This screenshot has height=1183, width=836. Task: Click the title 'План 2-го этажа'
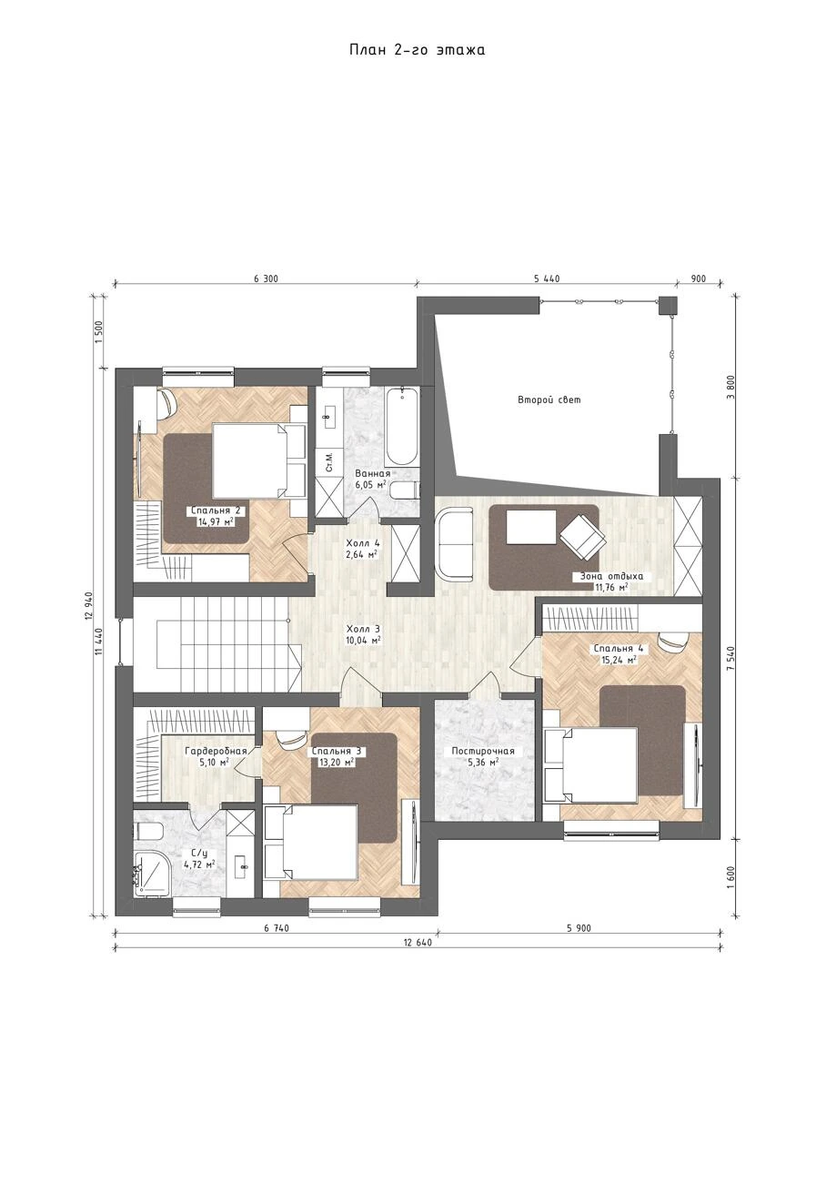[x=417, y=50]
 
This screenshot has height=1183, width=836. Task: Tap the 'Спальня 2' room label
[x=216, y=511]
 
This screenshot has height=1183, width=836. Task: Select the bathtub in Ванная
[x=403, y=428]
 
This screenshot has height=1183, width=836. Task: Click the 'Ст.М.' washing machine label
[x=329, y=461]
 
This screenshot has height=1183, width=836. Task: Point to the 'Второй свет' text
[x=549, y=399]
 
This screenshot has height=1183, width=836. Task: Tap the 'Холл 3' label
[x=363, y=629]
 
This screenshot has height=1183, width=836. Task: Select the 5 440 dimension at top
[x=547, y=278]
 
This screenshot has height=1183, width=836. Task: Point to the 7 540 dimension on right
[x=731, y=659]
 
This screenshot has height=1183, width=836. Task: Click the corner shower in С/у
[x=153, y=873]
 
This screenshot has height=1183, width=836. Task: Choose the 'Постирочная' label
[x=483, y=751]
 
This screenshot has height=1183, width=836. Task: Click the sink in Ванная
[x=328, y=417]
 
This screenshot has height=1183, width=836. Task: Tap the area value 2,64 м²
[x=363, y=554]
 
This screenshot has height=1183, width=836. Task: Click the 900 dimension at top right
[x=698, y=278]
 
